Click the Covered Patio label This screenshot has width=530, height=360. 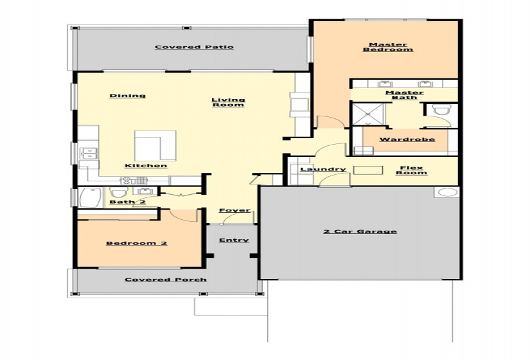(194, 47)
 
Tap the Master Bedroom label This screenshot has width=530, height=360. (388, 47)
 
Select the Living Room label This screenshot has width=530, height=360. (228, 102)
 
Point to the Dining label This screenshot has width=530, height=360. (127, 95)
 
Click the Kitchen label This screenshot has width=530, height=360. (146, 165)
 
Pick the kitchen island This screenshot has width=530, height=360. (155, 146)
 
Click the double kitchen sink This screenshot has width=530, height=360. (89, 153)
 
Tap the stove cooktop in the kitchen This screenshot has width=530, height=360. (126, 181)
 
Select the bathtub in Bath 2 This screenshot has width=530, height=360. (91, 197)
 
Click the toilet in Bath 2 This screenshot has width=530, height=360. (118, 193)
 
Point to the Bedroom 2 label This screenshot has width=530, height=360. (137, 243)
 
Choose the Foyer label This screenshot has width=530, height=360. (234, 210)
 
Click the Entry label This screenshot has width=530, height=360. (234, 240)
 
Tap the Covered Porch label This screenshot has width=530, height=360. (166, 280)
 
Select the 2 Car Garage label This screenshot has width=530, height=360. (360, 231)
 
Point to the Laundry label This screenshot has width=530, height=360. (323, 169)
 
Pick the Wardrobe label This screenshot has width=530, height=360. (407, 139)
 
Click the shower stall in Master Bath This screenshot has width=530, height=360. (367, 114)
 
